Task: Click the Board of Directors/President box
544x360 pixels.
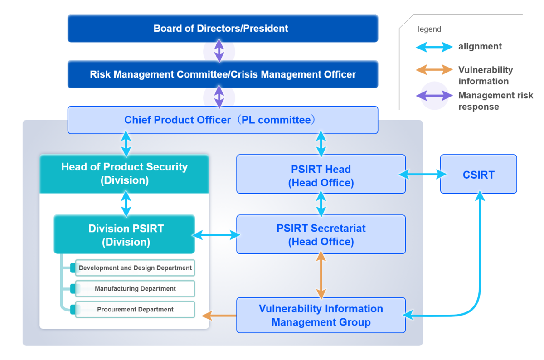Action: pos(223,29)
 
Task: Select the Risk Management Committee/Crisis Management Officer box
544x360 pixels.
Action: pos(223,74)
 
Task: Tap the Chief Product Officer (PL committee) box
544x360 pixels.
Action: pos(223,120)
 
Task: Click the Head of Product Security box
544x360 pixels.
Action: pos(124,174)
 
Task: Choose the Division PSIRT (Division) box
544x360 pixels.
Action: pos(124,234)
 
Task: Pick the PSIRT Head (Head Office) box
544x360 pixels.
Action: pos(321,174)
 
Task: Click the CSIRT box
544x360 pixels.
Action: pos(478,174)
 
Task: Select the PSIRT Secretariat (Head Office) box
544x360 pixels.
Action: pos(321,234)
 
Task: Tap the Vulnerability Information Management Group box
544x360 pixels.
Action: pos(321,315)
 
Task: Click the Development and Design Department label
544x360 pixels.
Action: pos(135,268)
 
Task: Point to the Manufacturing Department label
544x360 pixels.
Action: pos(135,288)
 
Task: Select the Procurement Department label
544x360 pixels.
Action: pos(135,310)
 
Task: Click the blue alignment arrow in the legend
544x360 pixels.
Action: pos(434,47)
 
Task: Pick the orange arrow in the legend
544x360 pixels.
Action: pos(434,70)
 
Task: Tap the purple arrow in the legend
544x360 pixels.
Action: pos(434,96)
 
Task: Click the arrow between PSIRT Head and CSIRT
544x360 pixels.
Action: pos(423,174)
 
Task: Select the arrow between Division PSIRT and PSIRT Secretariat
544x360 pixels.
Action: pos(216,235)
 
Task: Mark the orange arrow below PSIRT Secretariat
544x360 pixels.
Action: pos(321,275)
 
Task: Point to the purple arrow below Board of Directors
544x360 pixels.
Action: pos(219,51)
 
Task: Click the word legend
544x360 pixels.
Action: pos(429,29)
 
